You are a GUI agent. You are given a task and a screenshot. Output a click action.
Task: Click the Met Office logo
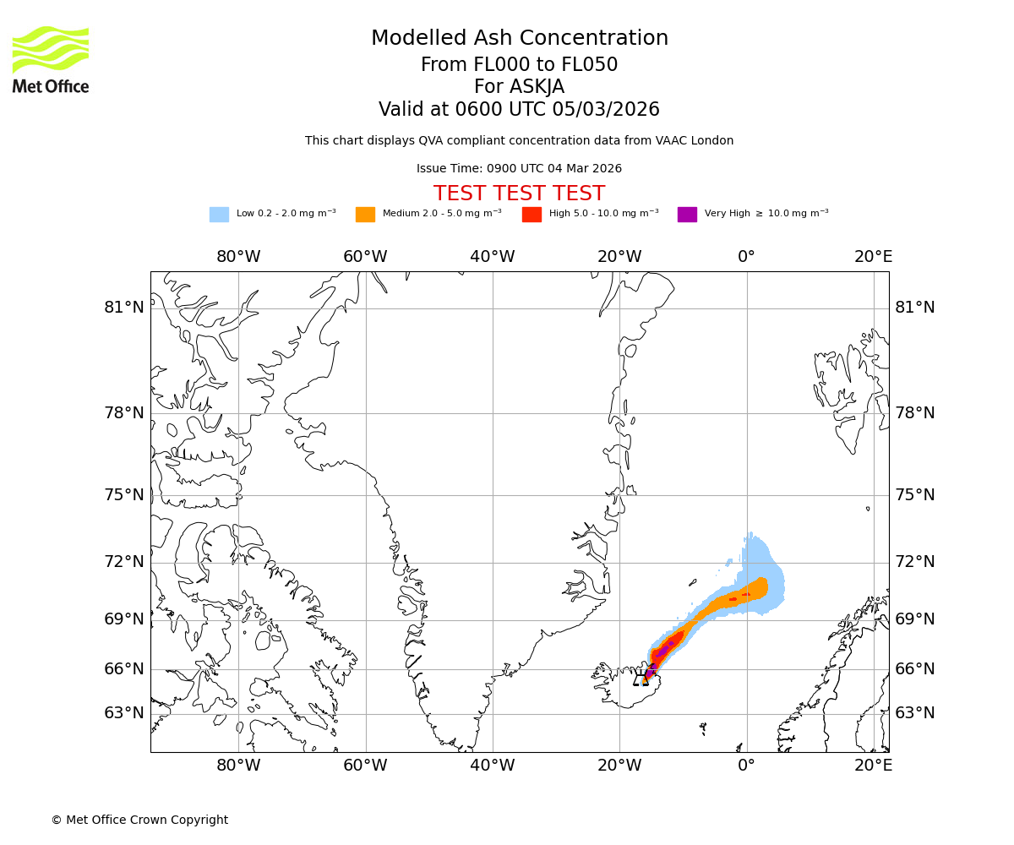pyautogui.click(x=51, y=59)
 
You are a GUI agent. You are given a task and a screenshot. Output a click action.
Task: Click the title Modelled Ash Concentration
pyautogui.click(x=519, y=38)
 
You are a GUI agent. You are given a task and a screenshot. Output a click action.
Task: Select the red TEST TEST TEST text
pyautogui.click(x=519, y=194)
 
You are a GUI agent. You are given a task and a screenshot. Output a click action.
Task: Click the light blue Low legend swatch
pyautogui.click(x=219, y=215)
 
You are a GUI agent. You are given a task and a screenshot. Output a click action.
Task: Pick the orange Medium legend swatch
pyautogui.click(x=365, y=215)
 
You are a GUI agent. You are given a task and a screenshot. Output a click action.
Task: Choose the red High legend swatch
pyautogui.click(x=532, y=215)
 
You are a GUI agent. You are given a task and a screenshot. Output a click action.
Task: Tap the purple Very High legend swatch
pyautogui.click(x=687, y=215)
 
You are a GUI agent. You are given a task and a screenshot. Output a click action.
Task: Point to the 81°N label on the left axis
pyautogui.click(x=124, y=308)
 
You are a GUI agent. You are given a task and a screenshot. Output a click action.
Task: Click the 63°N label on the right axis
pyautogui.click(x=915, y=713)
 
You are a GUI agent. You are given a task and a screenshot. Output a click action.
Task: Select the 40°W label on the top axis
pyautogui.click(x=493, y=257)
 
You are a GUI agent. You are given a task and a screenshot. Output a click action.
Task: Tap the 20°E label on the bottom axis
pyautogui.click(x=873, y=766)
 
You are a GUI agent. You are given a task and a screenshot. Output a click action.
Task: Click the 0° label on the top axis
pyautogui.click(x=746, y=257)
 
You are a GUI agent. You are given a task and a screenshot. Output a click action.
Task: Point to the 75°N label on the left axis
pyautogui.click(x=124, y=495)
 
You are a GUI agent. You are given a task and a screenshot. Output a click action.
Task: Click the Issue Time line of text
pyautogui.click(x=519, y=168)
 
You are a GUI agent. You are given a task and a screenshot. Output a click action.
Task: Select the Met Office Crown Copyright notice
pyautogui.click(x=139, y=820)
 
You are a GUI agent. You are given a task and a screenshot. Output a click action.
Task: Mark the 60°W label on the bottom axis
pyautogui.click(x=365, y=766)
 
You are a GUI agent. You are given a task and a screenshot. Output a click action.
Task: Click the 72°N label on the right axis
pyautogui.click(x=915, y=562)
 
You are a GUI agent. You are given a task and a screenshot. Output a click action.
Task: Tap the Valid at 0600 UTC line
pyautogui.click(x=519, y=110)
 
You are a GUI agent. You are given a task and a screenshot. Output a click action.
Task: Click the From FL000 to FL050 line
pyautogui.click(x=519, y=65)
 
